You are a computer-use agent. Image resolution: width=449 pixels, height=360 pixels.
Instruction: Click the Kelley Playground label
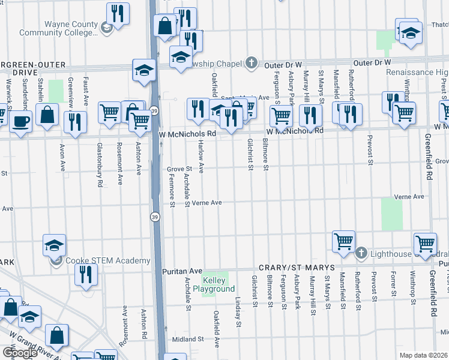[218, 285]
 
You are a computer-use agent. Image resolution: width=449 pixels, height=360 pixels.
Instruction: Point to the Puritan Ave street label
[182, 271]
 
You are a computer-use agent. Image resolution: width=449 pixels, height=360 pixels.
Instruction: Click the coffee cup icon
[22, 121]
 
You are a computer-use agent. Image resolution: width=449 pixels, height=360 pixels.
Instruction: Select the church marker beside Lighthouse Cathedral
[361, 253]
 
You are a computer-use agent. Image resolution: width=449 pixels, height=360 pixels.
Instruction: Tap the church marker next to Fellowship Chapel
[252, 63]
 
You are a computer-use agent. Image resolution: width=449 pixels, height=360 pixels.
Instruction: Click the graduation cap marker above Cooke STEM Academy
[54, 245]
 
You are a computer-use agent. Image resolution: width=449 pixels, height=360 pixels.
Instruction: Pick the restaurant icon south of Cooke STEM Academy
[86, 274]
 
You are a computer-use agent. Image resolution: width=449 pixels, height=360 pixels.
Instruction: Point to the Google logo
[20, 353]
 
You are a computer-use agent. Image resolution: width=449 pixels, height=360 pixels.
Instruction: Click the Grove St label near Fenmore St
[179, 169]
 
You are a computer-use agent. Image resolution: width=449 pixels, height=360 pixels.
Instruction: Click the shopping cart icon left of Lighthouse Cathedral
[343, 241]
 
